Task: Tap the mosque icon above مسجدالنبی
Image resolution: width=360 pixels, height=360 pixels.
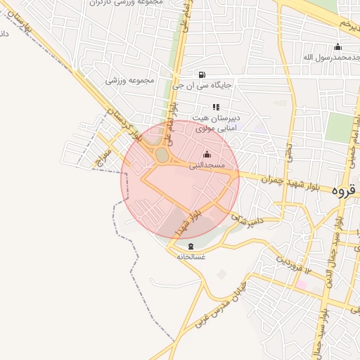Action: point(207,155)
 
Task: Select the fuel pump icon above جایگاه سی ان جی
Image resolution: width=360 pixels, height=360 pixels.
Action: point(202,75)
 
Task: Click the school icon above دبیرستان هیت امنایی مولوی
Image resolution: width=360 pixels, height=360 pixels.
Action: point(216,106)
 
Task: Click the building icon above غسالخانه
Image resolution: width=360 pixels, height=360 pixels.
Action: point(191,245)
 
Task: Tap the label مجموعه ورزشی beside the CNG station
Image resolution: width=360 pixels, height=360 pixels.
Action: point(130,81)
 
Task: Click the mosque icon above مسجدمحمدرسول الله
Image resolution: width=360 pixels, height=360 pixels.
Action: point(337,47)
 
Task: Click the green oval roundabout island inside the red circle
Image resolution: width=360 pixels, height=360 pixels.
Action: point(162,154)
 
